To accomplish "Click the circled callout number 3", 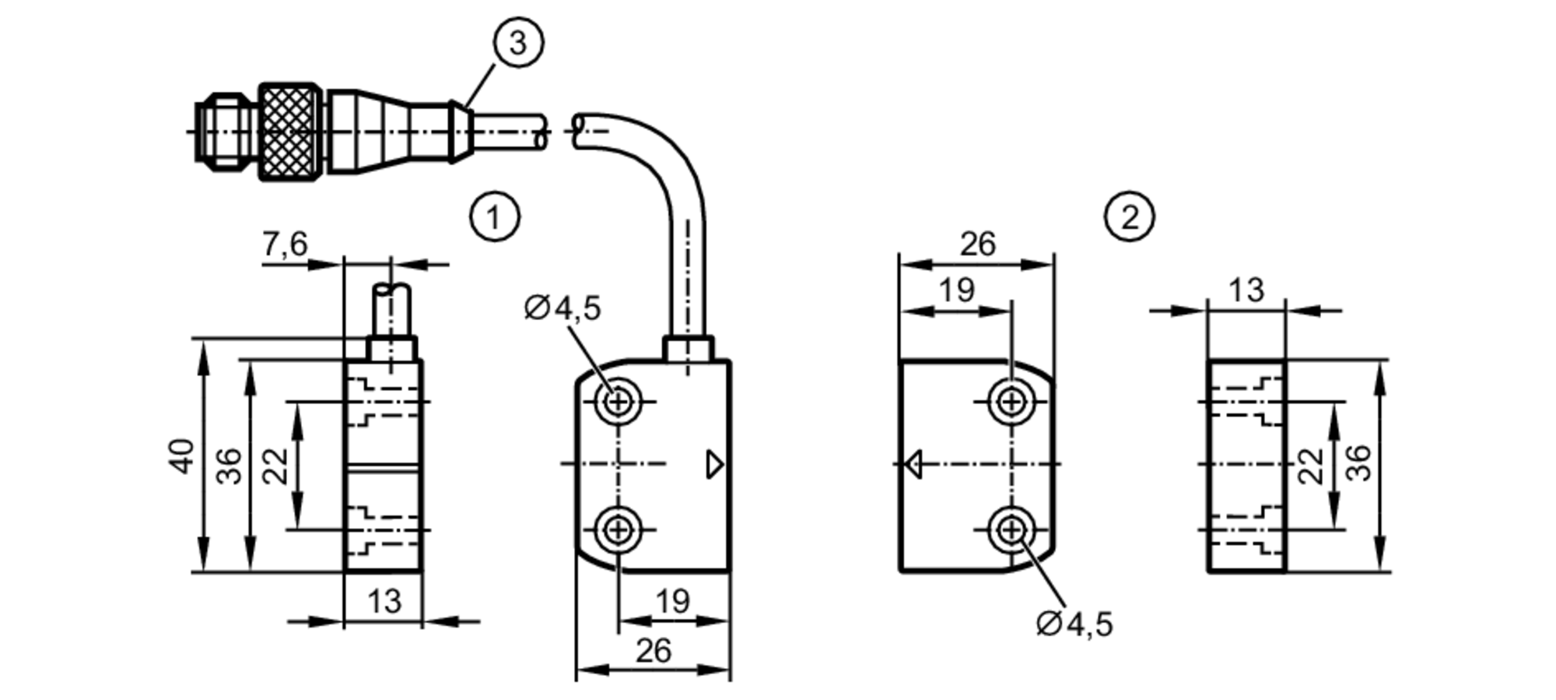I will click(518, 42).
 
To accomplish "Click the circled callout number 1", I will click(494, 216).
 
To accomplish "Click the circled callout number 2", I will click(1129, 216).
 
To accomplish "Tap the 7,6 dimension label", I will click(285, 244).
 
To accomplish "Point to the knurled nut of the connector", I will click(290, 132).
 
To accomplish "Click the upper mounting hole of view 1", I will click(619, 402).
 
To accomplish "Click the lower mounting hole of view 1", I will click(619, 530).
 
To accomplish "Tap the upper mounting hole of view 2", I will click(1011, 402).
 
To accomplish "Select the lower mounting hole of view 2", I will click(1011, 530).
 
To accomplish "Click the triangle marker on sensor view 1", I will click(714, 465).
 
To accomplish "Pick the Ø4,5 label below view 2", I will click(1074, 624).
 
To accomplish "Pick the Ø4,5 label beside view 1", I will click(562, 308).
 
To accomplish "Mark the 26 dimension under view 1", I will click(653, 651).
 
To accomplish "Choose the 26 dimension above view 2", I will click(977, 244).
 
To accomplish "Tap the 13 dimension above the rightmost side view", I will click(1246, 290).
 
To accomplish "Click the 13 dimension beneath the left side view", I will click(384, 601).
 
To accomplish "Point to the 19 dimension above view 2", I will click(956, 290).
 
